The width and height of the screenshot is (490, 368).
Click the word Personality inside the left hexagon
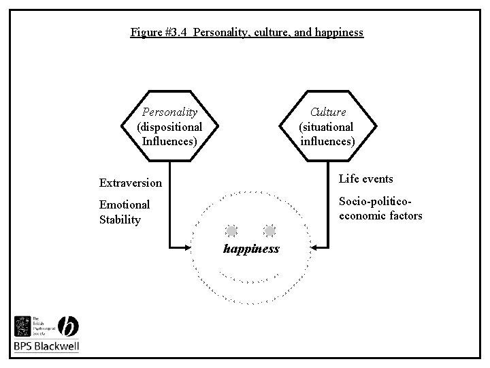click(169, 112)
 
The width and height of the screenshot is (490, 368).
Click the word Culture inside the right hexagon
click(327, 112)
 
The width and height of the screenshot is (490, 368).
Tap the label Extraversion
click(131, 183)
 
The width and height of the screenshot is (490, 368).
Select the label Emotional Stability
click(125, 212)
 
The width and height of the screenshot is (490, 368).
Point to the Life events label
click(365, 179)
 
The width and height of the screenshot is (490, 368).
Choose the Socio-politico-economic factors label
click(380, 209)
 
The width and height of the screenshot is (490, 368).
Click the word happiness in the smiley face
click(251, 249)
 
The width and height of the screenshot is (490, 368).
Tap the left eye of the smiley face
click(232, 230)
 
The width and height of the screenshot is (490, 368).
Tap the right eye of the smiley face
click(269, 230)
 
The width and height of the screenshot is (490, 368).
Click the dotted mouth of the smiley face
click(250, 279)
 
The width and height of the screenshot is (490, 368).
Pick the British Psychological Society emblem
click(22, 325)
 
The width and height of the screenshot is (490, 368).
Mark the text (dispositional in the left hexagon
click(169, 127)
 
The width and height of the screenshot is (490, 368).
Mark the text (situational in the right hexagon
click(327, 127)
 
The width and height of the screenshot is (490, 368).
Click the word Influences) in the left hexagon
click(169, 141)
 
